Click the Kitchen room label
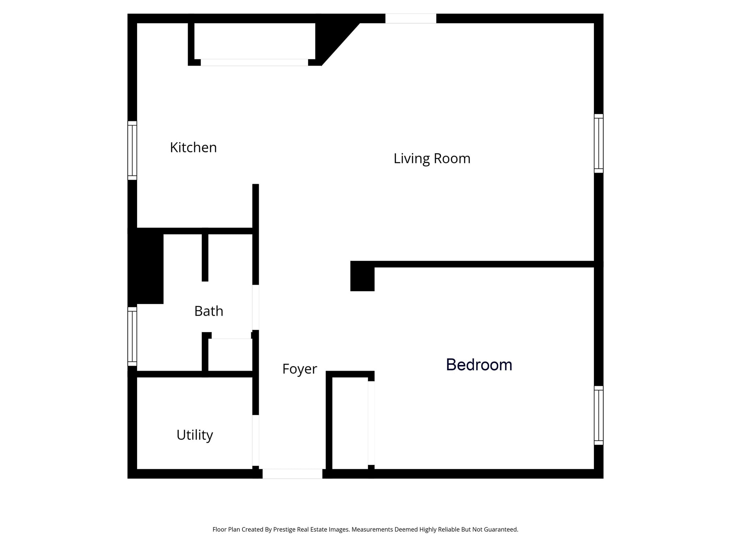[193, 147]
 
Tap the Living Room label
[432, 158]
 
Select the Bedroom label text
[479, 365]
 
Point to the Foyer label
[299, 369]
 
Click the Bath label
[209, 311]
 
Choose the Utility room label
[195, 435]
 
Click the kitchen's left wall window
[132, 150]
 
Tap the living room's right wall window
[599, 143]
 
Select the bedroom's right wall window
[599, 415]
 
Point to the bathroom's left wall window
[132, 336]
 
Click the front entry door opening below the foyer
[292, 474]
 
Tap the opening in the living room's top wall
[410, 18]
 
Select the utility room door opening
[256, 440]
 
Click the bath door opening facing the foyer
[256, 307]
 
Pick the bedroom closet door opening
[371, 423]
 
